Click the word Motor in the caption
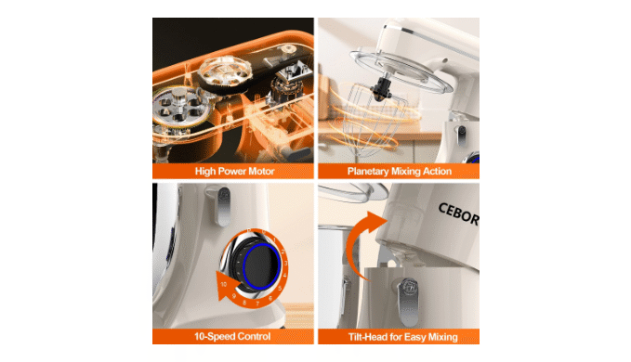click(261, 172)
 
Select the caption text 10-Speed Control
click(232, 336)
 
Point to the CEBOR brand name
click(458, 214)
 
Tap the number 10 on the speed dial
click(223, 284)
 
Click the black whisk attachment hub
click(381, 88)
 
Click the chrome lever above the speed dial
click(222, 206)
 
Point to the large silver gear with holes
click(178, 106)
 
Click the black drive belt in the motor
click(242, 78)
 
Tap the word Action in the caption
click(437, 172)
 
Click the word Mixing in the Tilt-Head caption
click(442, 337)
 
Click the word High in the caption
click(204, 172)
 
